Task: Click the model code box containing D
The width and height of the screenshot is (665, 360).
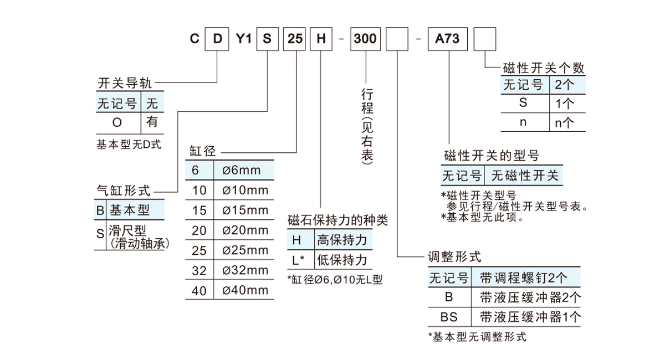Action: (218, 39)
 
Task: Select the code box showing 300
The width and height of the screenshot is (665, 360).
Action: (365, 39)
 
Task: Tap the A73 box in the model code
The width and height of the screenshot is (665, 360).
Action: (448, 39)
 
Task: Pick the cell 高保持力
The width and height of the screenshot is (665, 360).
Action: (341, 240)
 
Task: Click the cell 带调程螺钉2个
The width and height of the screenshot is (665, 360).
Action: (523, 277)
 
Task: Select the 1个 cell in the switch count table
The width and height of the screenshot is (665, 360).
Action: (565, 103)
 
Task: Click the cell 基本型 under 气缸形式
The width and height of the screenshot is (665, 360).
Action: (130, 210)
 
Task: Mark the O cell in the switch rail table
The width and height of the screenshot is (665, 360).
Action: (117, 122)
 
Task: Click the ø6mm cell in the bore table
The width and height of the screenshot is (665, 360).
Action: (242, 170)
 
